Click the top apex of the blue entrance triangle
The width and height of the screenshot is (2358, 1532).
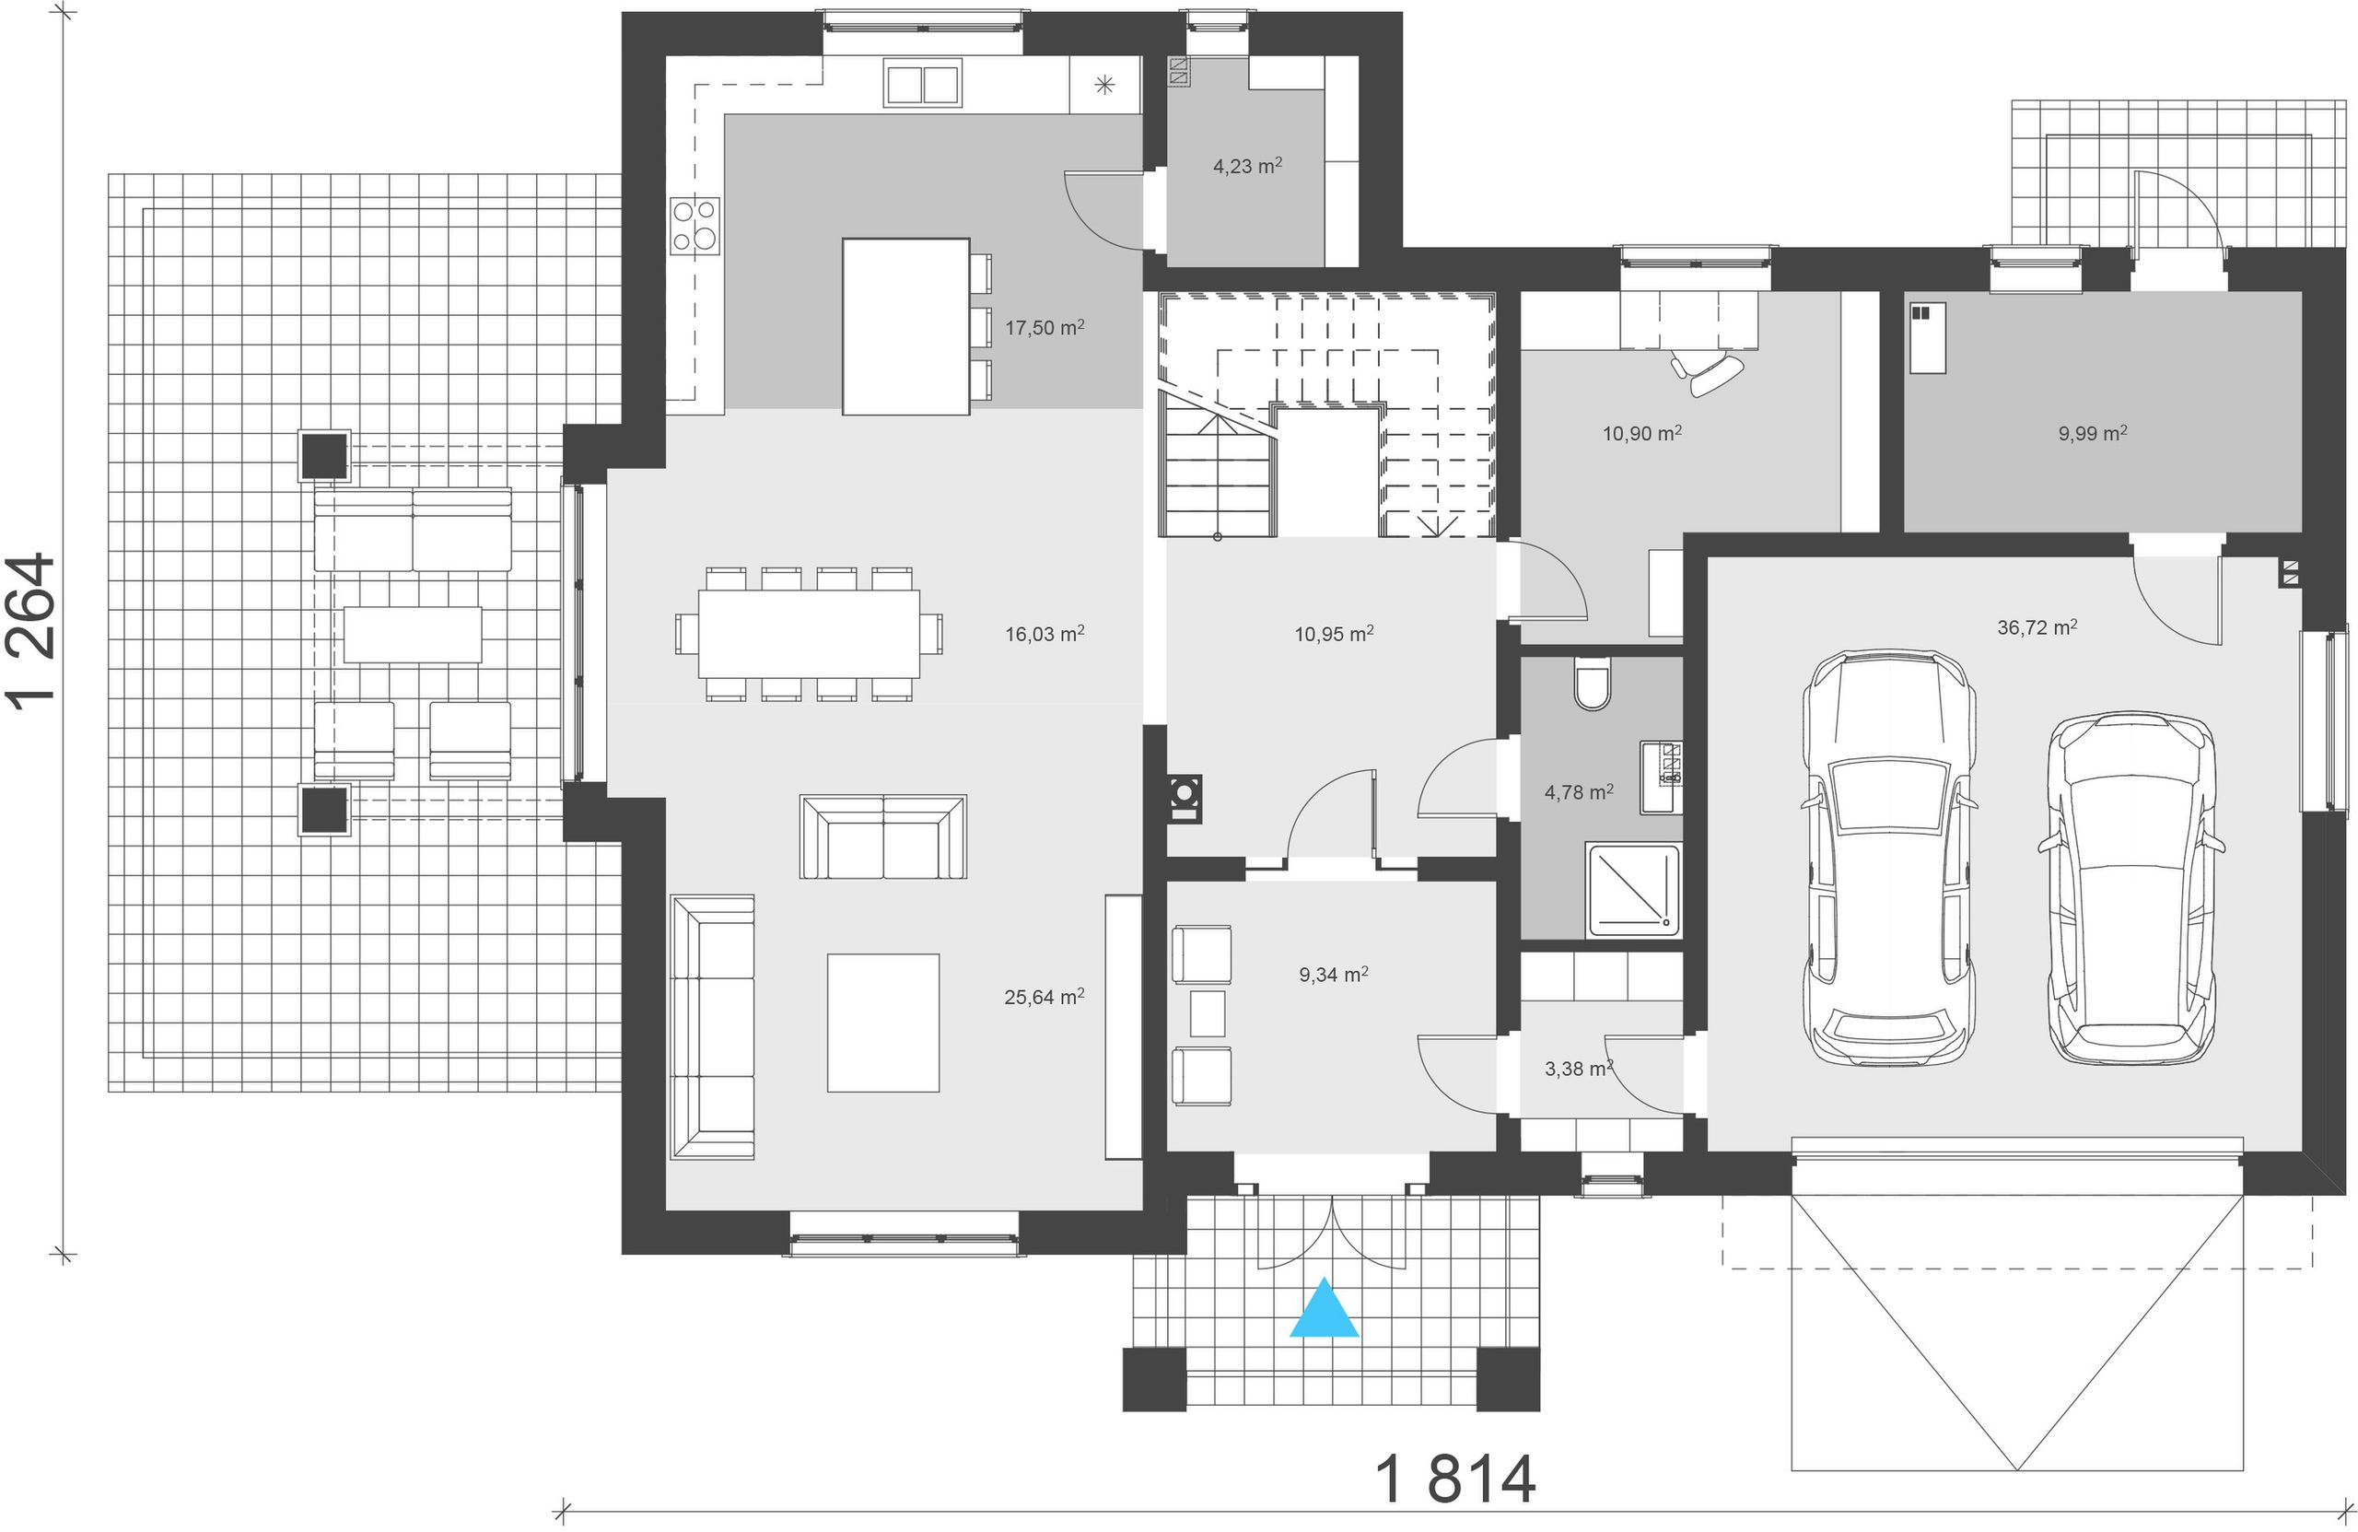click(1324, 1278)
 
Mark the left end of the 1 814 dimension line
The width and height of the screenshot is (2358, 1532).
click(563, 1511)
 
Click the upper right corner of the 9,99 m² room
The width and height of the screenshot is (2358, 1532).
click(2302, 292)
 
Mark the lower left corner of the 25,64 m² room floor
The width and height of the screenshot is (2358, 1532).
click(666, 1209)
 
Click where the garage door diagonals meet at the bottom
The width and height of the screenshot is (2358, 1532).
click(2017, 1469)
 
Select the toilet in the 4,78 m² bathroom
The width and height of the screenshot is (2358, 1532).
click(1593, 684)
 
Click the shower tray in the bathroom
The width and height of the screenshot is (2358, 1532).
click(1634, 890)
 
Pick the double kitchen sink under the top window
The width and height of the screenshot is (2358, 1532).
click(922, 84)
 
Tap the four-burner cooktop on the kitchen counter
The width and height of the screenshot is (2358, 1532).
click(695, 225)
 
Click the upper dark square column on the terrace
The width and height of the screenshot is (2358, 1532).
click(324, 455)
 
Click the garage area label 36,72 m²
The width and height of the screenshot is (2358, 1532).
click(2037, 627)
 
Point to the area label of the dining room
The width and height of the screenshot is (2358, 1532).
click(1045, 633)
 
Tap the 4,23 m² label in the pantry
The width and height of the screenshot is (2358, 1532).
click(1247, 166)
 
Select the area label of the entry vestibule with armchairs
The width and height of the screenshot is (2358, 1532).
click(1334, 974)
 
